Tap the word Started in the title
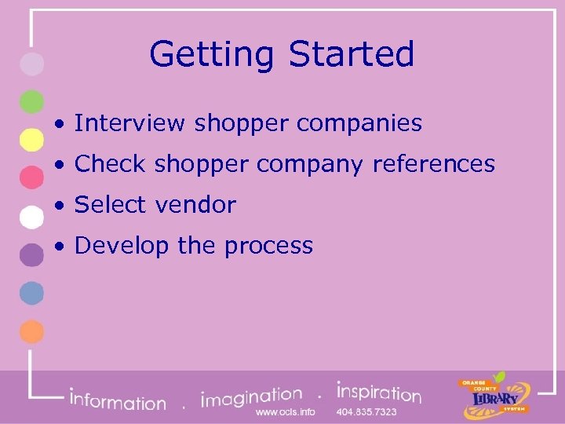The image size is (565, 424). coord(351,53)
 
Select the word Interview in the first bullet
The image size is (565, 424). coord(130,123)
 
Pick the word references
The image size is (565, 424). coord(433,164)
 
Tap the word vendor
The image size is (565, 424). coord(195,205)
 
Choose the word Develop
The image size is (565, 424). coord(122,247)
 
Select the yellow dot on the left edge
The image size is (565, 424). coord(31,140)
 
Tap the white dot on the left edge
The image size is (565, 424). coord(31,216)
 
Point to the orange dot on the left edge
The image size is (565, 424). coord(31,331)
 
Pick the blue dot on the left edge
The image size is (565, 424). coord(31,293)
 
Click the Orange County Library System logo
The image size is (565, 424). coord(494,393)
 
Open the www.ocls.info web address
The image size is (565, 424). coord(285,412)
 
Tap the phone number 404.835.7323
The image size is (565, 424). coord(366,412)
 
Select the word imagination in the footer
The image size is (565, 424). coord(251,396)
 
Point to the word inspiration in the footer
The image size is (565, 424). coord(378,391)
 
